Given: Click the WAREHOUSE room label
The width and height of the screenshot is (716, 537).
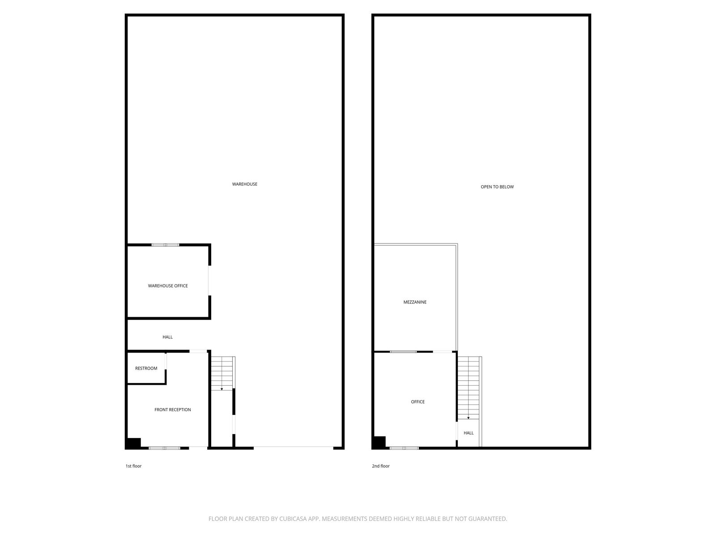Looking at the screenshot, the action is click(x=245, y=184).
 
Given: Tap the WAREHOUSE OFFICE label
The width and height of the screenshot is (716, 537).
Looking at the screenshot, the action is click(x=168, y=286).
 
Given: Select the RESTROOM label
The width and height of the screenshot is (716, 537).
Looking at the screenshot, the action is click(x=146, y=368).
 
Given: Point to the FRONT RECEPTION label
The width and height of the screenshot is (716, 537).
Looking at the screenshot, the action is click(x=173, y=410).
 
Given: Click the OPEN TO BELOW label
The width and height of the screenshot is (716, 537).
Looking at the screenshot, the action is click(x=497, y=187).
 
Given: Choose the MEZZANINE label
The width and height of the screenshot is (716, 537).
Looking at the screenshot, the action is click(x=415, y=302).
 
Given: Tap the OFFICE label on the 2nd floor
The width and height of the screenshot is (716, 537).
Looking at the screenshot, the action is click(x=418, y=402).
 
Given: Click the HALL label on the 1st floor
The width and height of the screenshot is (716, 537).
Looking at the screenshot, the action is click(x=168, y=337).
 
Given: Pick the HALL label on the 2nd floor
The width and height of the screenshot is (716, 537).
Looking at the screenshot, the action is click(x=469, y=433).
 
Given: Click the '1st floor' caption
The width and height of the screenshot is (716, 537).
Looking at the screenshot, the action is click(x=133, y=466).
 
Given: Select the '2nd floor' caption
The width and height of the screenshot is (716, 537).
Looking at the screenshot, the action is click(x=381, y=466).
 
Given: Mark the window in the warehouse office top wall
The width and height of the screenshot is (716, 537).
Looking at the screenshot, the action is click(x=166, y=245).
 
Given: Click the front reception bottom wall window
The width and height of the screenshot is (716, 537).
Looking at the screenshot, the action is click(x=164, y=448).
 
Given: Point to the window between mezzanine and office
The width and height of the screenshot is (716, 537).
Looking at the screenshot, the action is click(x=403, y=352).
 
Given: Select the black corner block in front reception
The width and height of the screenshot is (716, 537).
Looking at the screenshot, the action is click(x=133, y=444).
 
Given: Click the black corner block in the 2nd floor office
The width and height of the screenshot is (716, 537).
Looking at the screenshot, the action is click(x=379, y=443).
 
